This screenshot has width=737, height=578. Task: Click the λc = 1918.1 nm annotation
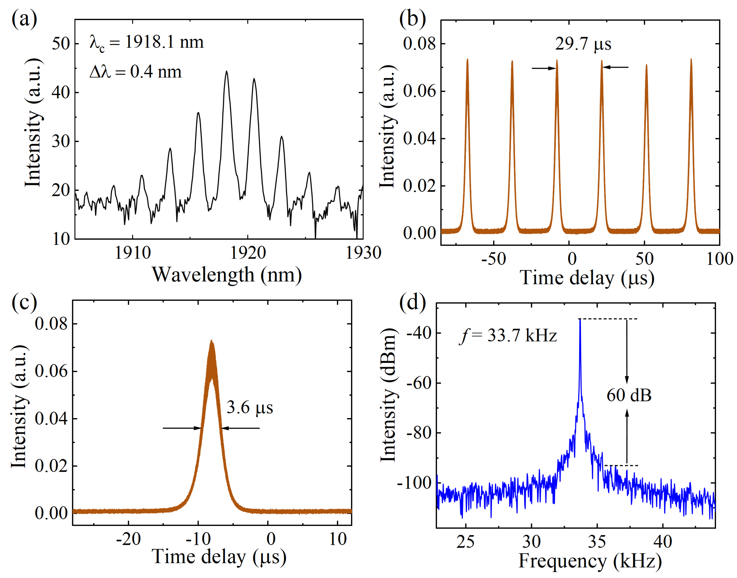147,43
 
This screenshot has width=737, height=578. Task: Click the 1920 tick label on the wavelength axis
248,253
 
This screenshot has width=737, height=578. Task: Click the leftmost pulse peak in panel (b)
467,60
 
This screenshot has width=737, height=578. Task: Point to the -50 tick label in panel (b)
493,259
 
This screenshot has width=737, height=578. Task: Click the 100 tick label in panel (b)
719,259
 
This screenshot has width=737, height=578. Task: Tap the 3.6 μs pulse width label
250,407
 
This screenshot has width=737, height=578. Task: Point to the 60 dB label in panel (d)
629,395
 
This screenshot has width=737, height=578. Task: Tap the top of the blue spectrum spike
580,320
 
